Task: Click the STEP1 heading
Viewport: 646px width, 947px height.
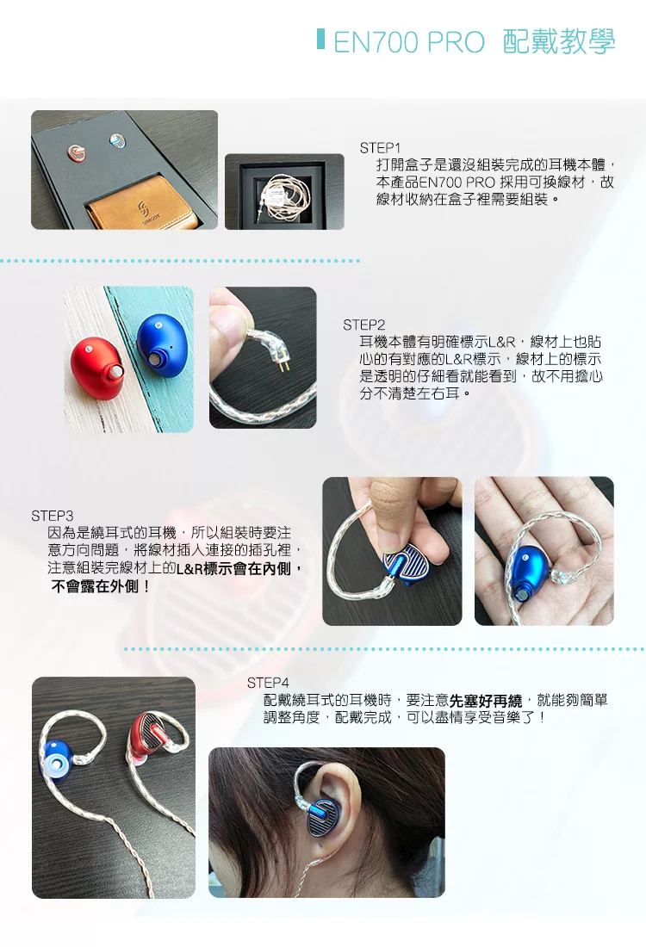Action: tap(380, 148)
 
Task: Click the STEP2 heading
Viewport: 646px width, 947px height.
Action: tap(363, 325)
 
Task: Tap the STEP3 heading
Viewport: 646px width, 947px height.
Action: tap(52, 516)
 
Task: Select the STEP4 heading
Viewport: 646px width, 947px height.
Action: tap(268, 683)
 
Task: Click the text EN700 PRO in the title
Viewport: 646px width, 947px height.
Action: tap(409, 42)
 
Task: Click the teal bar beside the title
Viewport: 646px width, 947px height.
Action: tap(321, 39)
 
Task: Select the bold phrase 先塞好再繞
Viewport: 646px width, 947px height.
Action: tap(486, 701)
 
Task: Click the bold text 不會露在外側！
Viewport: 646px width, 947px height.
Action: tap(101, 585)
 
